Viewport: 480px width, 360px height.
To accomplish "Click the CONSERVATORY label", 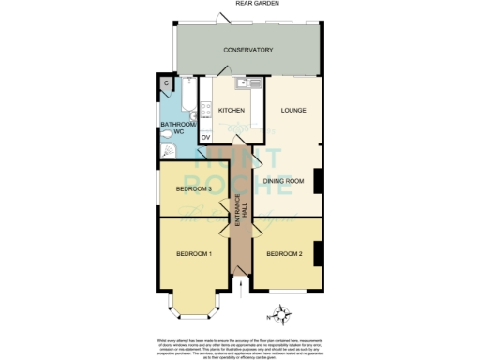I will [247, 50].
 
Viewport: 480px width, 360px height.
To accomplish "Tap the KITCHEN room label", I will [232, 111].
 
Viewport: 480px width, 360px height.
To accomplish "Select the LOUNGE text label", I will [293, 111].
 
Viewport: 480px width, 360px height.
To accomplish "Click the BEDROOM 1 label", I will [196, 254].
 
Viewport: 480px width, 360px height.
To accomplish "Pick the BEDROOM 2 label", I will [284, 254].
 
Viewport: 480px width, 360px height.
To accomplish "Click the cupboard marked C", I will [166, 84].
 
